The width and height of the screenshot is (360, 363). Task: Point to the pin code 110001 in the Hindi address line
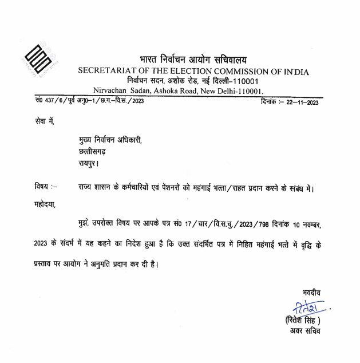243,81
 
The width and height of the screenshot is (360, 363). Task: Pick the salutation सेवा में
42,122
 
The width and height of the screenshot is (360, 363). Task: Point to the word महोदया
45,203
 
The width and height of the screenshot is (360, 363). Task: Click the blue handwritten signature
306,306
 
